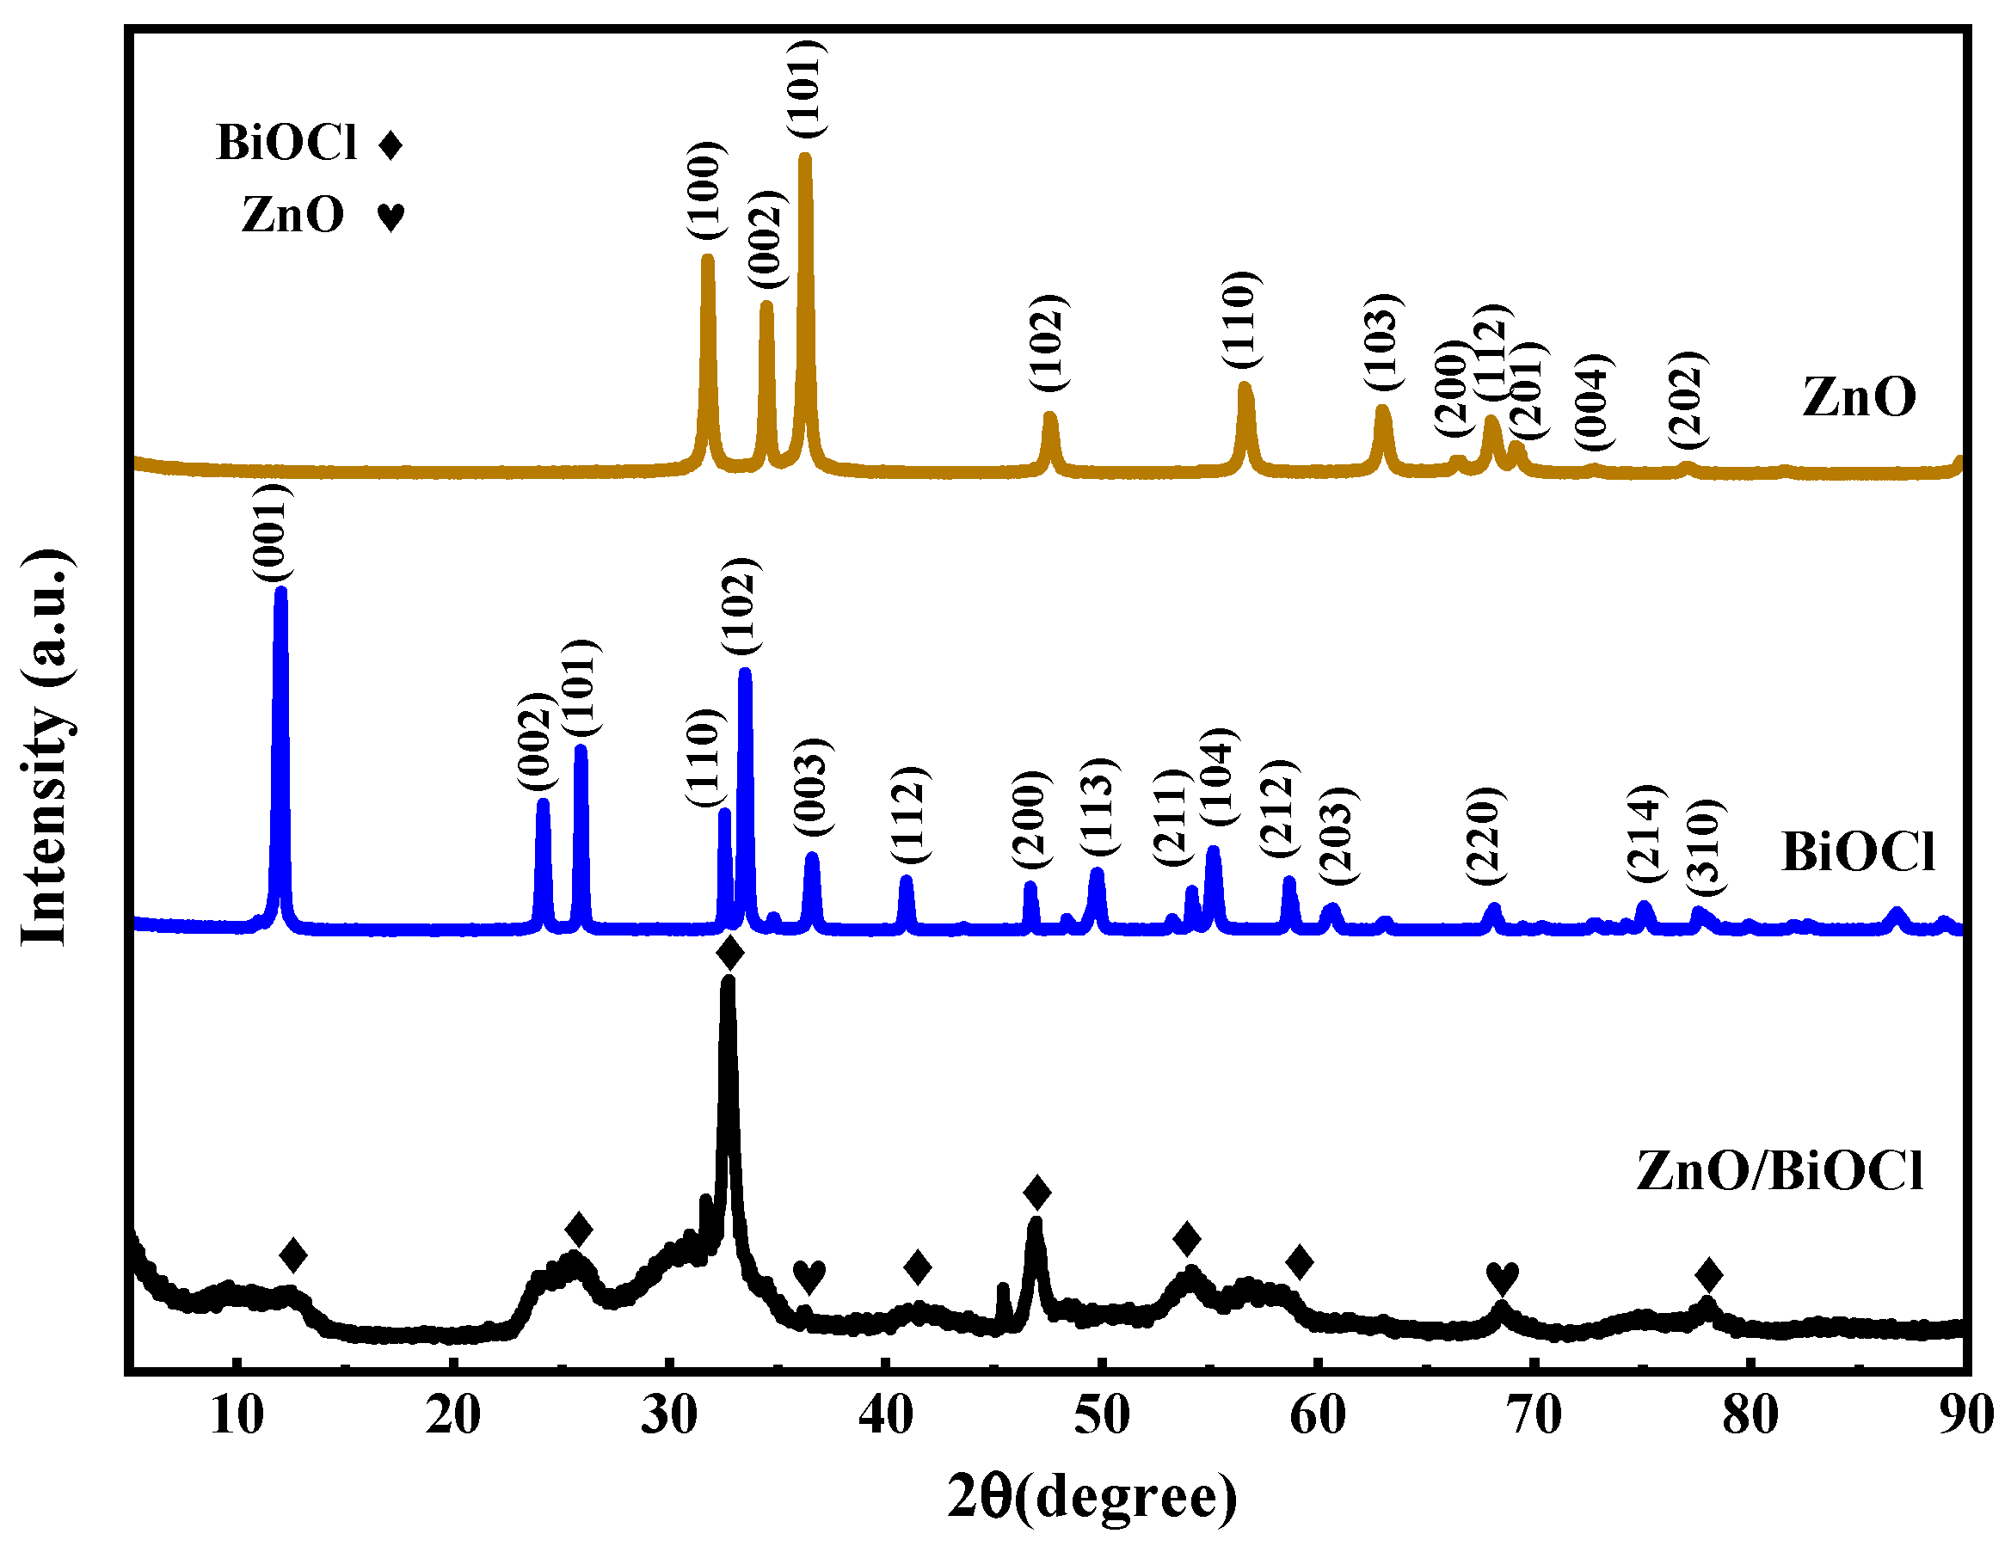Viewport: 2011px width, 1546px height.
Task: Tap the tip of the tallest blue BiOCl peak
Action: (x=280, y=591)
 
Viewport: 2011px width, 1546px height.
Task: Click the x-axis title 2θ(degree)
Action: (x=1092, y=1495)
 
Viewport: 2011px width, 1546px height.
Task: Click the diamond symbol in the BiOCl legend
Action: (x=391, y=144)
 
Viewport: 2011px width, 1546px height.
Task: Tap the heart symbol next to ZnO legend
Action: (x=391, y=217)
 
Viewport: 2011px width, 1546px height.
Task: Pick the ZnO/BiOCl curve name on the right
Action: (x=1779, y=1170)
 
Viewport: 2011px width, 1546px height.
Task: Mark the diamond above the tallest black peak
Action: (x=729, y=954)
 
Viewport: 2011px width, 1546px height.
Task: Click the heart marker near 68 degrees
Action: (x=1502, y=1277)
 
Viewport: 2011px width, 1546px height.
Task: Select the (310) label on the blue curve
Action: (x=1706, y=847)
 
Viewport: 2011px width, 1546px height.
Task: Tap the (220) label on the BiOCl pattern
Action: (x=1485, y=836)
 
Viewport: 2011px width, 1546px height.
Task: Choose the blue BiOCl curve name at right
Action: (x=1857, y=851)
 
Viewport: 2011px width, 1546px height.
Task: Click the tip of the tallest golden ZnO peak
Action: (x=804, y=156)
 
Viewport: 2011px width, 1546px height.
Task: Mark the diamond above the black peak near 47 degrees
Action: (x=1037, y=1193)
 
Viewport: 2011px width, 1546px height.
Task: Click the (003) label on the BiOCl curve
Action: (x=814, y=787)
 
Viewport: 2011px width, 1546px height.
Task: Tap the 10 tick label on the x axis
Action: (x=237, y=1414)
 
